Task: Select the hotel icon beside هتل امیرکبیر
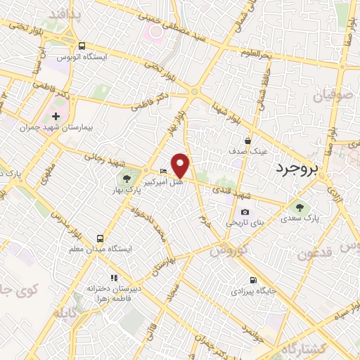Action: tap(164, 171)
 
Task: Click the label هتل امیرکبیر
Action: tap(164, 181)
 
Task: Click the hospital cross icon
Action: tap(56, 115)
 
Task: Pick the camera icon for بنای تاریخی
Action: tap(245, 212)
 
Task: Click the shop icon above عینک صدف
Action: tap(247, 141)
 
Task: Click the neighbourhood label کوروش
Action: tap(228, 250)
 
